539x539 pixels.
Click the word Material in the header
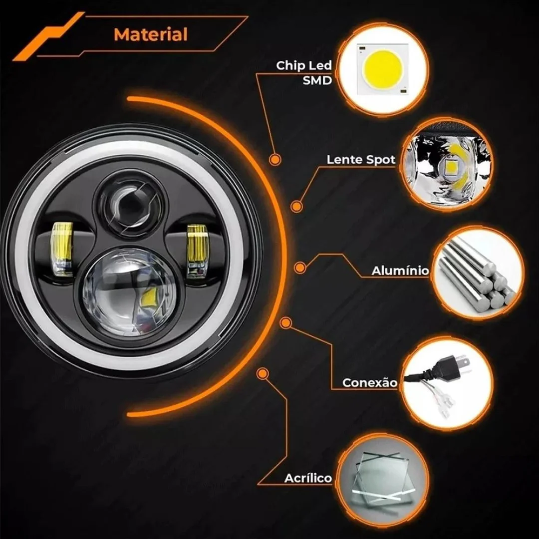click(151, 34)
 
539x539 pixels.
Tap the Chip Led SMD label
click(304, 73)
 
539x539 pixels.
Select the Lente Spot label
click(361, 160)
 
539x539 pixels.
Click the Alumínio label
click(400, 271)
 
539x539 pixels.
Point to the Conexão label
click(370, 383)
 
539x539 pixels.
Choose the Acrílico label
click(308, 478)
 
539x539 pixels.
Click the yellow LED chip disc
click(383, 68)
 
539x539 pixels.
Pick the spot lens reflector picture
click(447, 165)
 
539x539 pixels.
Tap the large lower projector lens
click(130, 292)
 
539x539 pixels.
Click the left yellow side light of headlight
click(62, 249)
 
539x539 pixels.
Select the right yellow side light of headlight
click(198, 251)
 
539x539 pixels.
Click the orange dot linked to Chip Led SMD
click(274, 160)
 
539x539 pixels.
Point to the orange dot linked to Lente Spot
click(296, 207)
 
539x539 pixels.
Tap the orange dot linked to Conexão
click(285, 323)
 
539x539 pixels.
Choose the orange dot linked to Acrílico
click(263, 374)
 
